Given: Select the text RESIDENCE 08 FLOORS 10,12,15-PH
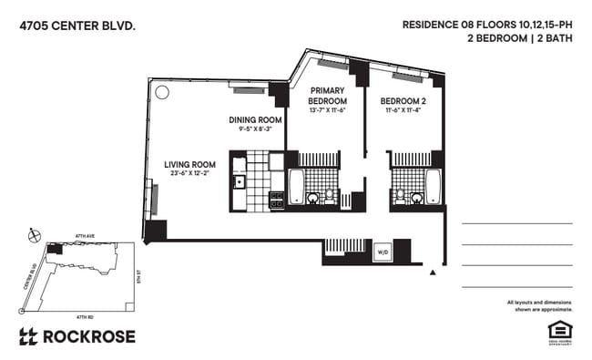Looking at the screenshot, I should pyautogui.click(x=488, y=26).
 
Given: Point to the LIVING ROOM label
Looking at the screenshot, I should pyautogui.click(x=189, y=165).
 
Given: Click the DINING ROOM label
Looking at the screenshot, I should pyautogui.click(x=252, y=119).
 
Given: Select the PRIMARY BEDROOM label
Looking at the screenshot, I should pyautogui.click(x=327, y=96).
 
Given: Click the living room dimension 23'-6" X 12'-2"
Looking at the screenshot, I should pyautogui.click(x=189, y=174).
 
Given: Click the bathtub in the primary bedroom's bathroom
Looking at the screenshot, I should pyautogui.click(x=296, y=187).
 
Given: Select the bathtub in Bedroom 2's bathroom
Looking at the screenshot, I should pyautogui.click(x=433, y=187).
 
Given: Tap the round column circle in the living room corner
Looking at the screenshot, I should pyautogui.click(x=162, y=92).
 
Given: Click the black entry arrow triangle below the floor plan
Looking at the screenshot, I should pyautogui.click(x=434, y=272).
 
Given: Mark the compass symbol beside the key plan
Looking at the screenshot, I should pyautogui.click(x=36, y=234).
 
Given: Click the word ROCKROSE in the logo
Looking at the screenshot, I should pyautogui.click(x=89, y=336).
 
